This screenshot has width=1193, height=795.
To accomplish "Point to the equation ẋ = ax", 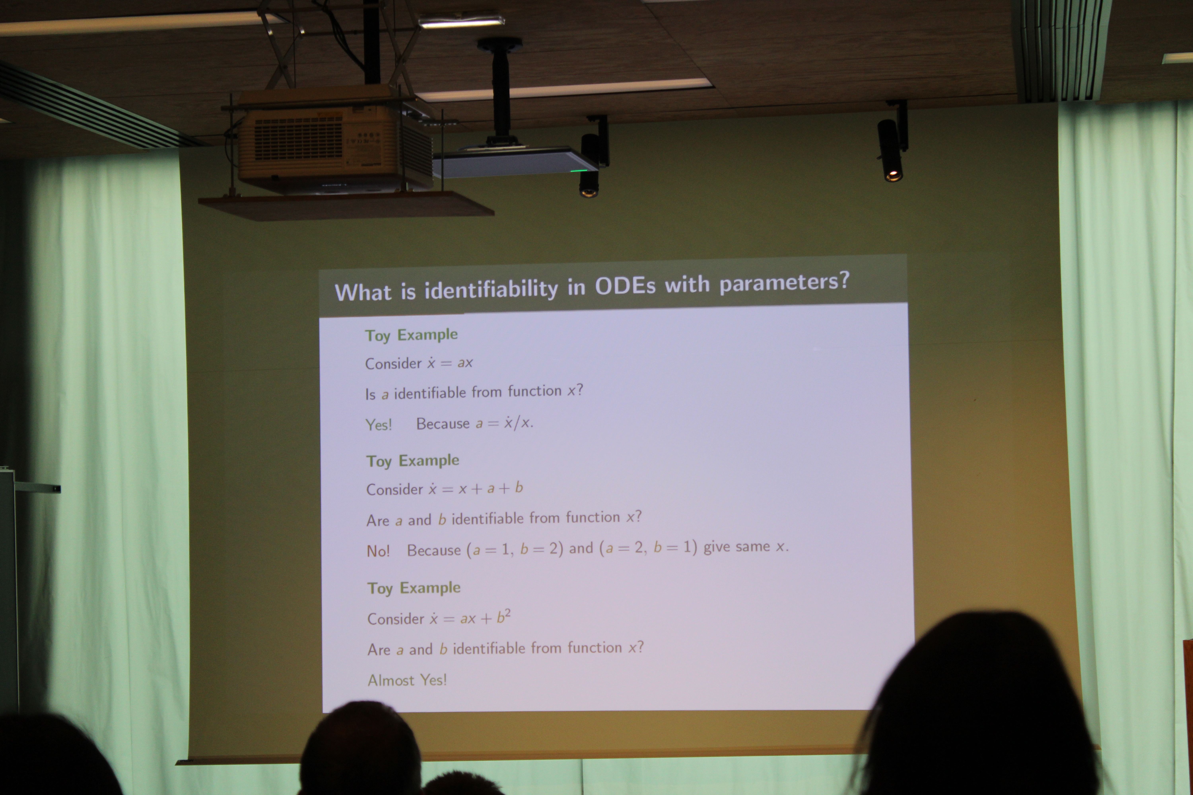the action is coord(450,363).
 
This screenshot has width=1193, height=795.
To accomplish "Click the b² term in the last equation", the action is coord(504,617).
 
